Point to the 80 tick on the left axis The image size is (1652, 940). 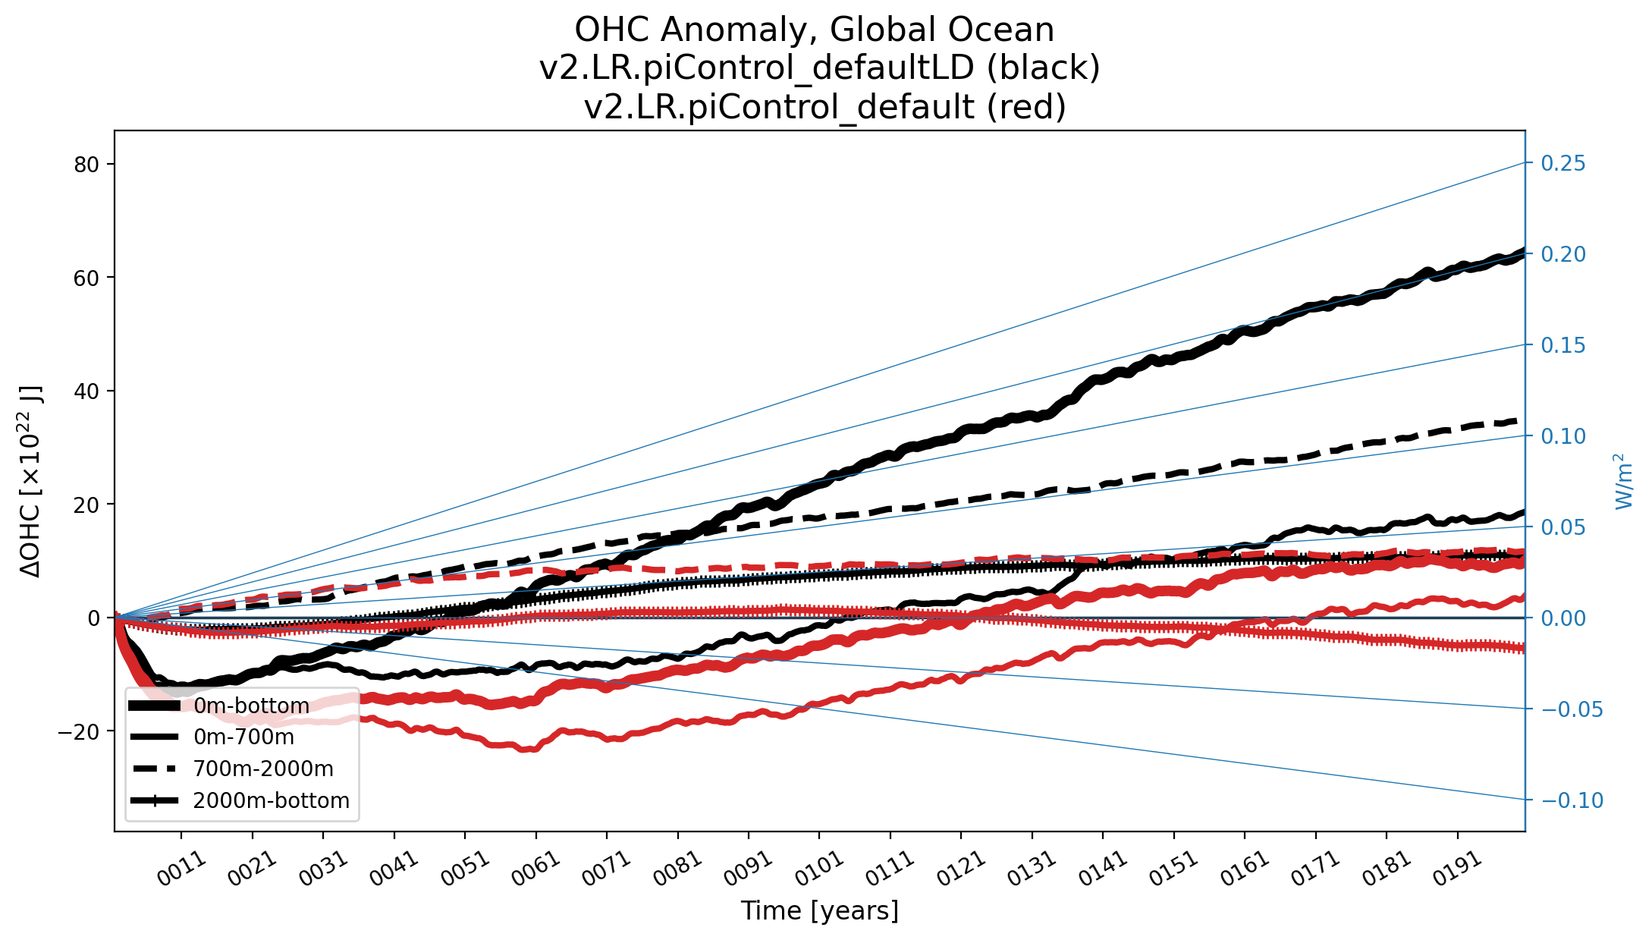[87, 164]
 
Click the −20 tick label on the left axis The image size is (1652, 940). [79, 731]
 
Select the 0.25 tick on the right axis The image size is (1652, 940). [1563, 163]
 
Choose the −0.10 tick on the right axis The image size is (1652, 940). [1572, 800]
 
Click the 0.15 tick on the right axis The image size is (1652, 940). [1563, 344]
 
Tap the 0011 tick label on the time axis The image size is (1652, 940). [181, 869]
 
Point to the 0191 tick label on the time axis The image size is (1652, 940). [1457, 869]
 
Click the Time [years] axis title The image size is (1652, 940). [819, 910]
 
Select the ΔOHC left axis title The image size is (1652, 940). [31, 482]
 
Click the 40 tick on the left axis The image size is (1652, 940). [87, 391]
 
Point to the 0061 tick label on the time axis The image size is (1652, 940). [535, 869]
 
